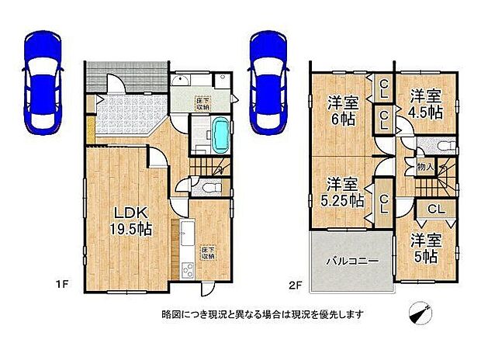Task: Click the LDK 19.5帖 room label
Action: tap(133, 219)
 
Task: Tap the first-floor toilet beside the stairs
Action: tap(206, 186)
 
